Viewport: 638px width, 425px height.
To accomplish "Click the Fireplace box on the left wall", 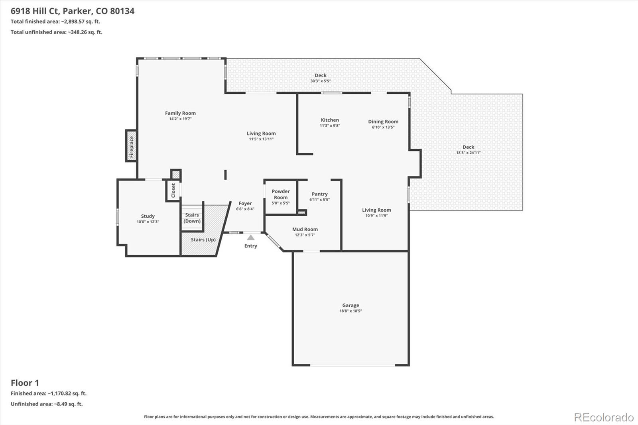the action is (131, 146).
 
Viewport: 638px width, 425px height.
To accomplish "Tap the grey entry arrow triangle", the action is (251, 237).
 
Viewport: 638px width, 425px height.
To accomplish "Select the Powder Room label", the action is (281, 194).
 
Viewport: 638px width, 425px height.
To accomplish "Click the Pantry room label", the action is (319, 194).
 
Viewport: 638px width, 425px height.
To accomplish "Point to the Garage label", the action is (351, 305).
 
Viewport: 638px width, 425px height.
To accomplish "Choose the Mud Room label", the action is (305, 229).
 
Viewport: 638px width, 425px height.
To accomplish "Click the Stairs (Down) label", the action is (192, 218).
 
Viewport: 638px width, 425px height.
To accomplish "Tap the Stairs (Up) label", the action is (203, 240).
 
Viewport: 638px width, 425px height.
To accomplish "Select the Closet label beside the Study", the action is (173, 190).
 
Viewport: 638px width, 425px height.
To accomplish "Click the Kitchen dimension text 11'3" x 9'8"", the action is (330, 126).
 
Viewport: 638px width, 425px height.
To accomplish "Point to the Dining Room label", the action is (383, 122).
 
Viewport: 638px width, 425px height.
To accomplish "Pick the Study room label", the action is (148, 216).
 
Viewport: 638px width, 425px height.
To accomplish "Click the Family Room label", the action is (180, 113).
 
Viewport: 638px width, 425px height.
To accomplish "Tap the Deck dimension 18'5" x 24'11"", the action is (468, 153).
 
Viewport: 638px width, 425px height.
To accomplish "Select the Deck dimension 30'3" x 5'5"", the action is (321, 81).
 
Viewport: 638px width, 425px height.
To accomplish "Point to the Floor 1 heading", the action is (25, 383).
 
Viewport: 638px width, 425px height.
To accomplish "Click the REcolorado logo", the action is (604, 417).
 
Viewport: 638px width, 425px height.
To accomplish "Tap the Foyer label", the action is (245, 203).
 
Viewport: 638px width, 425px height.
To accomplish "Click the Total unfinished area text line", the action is (56, 32).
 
